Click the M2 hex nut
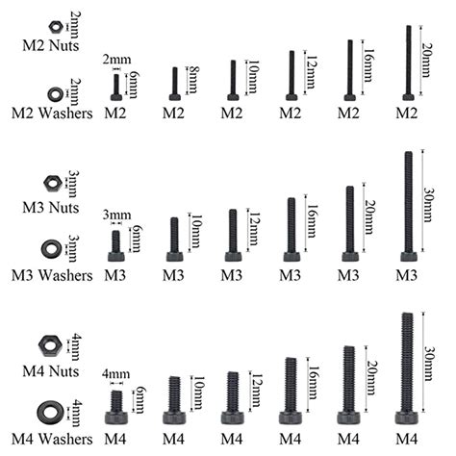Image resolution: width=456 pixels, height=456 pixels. (x=56, y=27)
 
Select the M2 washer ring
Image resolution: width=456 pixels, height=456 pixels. (x=56, y=93)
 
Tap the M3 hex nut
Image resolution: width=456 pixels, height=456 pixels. (x=53, y=183)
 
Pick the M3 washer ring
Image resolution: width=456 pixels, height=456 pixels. (x=51, y=249)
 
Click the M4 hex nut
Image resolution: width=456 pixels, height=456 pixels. (x=50, y=346)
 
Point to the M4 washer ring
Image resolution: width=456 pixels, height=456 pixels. (x=49, y=412)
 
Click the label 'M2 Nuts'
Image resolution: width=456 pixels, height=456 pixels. (x=51, y=45)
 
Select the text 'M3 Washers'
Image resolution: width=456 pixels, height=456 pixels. (x=52, y=276)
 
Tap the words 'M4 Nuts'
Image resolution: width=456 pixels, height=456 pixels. (x=51, y=371)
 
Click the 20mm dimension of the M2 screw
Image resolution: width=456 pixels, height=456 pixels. (x=426, y=61)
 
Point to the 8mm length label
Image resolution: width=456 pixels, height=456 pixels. (x=193, y=80)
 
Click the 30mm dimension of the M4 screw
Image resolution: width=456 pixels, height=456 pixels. (x=429, y=363)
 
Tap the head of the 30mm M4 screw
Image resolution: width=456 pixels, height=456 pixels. (x=407, y=418)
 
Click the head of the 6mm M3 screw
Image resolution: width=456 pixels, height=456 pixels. (x=116, y=257)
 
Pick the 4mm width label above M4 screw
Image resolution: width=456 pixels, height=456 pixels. (x=116, y=374)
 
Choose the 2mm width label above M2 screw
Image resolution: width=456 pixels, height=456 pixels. (x=116, y=60)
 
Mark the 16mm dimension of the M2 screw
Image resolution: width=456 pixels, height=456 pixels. (x=368, y=65)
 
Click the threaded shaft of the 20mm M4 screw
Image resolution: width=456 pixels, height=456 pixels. (x=349, y=379)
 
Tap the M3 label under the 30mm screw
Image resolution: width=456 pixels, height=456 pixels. (x=407, y=276)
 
